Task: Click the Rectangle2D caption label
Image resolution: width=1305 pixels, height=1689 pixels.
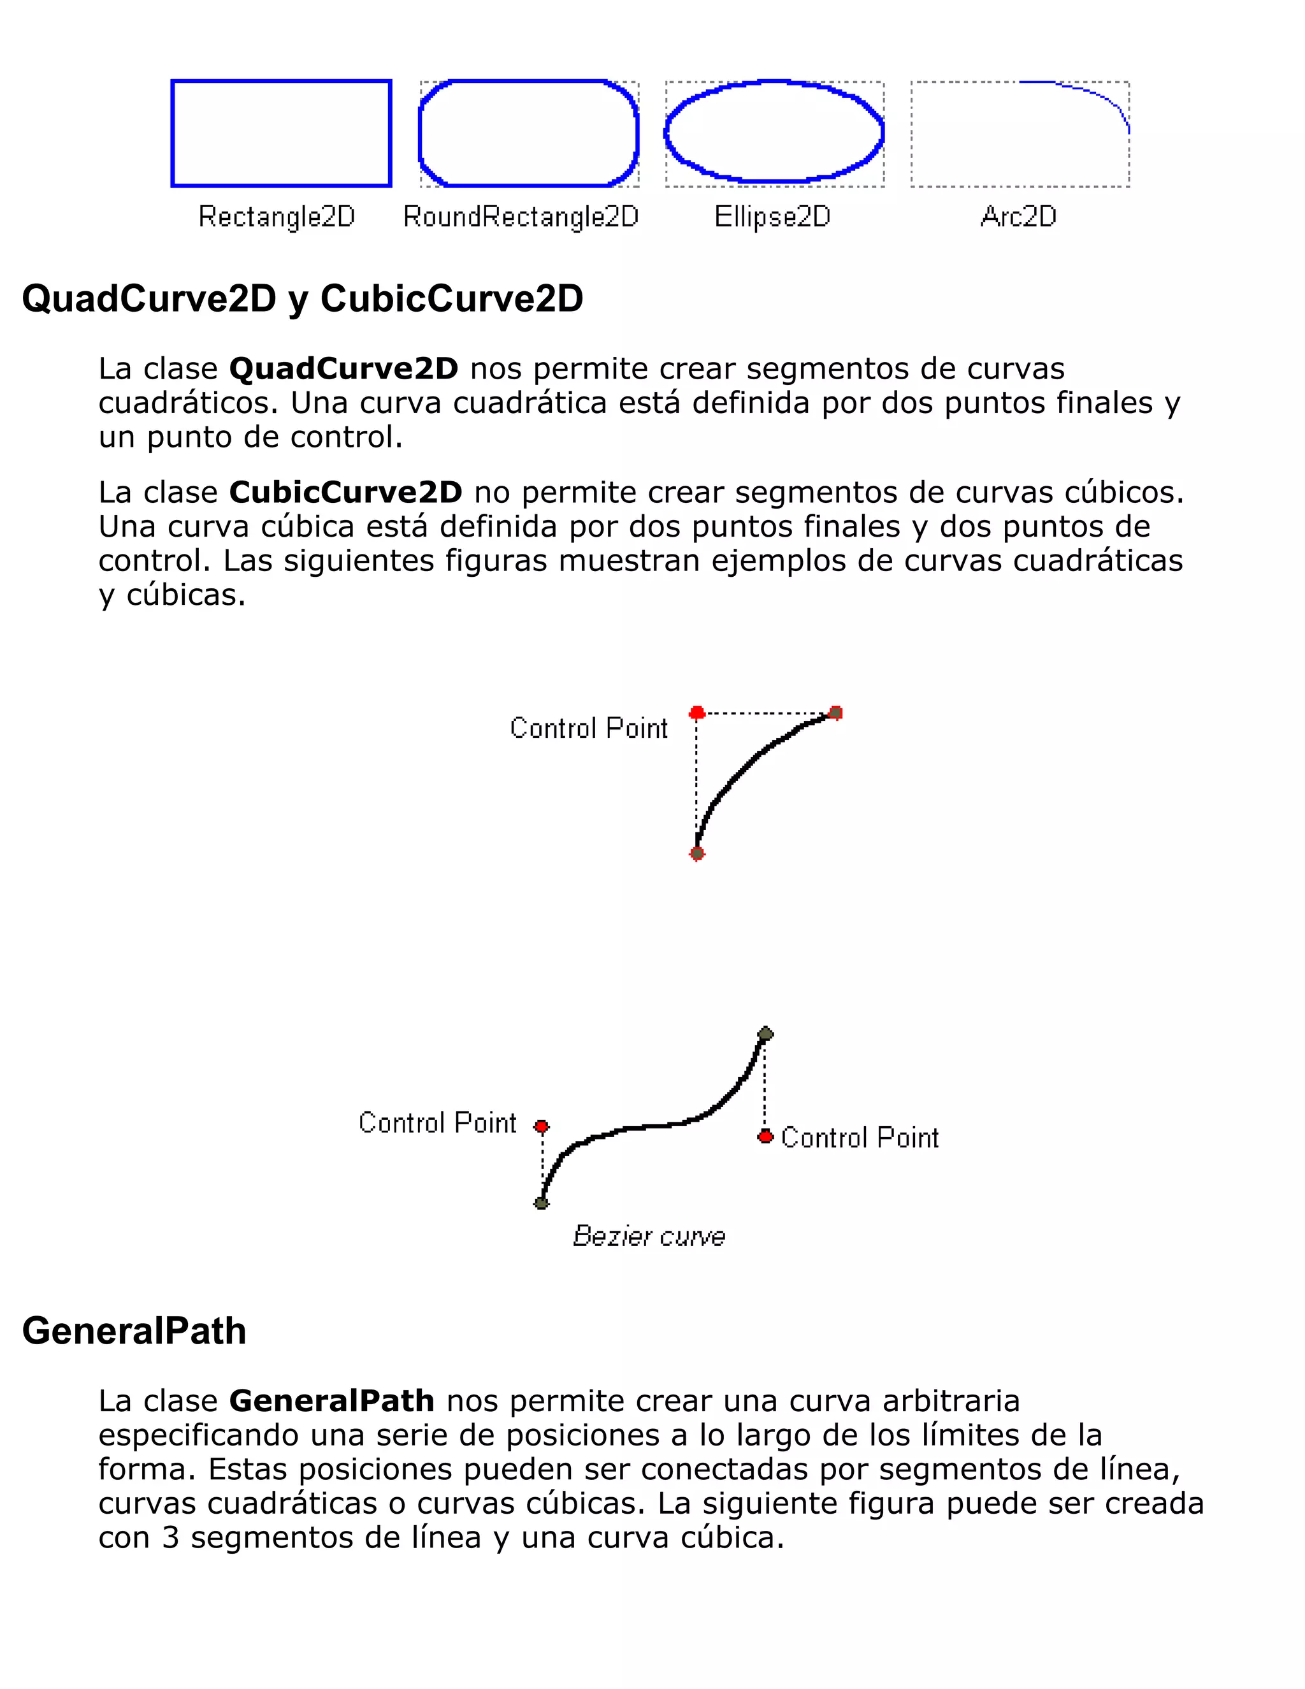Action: pyautogui.click(x=277, y=217)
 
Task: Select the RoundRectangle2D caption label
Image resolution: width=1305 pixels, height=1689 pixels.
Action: pyautogui.click(x=521, y=217)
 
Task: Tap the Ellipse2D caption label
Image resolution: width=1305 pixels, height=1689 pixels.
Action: pyautogui.click(x=772, y=217)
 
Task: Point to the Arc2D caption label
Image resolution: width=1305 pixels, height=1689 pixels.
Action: pyautogui.click(x=1018, y=217)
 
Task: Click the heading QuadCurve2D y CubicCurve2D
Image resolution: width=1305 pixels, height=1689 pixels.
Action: pyautogui.click(x=302, y=298)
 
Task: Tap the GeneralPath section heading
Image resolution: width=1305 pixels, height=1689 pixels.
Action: pyautogui.click(x=134, y=1331)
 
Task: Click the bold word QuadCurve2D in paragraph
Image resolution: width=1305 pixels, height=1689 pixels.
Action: pyautogui.click(x=344, y=369)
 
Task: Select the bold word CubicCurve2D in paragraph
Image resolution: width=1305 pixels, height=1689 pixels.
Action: pyautogui.click(x=345, y=493)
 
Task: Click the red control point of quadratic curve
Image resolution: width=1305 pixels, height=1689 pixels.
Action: pyautogui.click(x=696, y=713)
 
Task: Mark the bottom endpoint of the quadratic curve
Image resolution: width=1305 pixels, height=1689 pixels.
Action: pyautogui.click(x=696, y=853)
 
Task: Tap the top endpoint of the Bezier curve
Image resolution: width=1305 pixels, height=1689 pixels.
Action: pyautogui.click(x=765, y=1034)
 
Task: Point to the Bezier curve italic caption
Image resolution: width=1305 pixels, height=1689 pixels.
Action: pyautogui.click(x=649, y=1236)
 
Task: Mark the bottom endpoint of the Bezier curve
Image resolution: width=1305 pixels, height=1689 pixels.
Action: pyautogui.click(x=541, y=1203)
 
